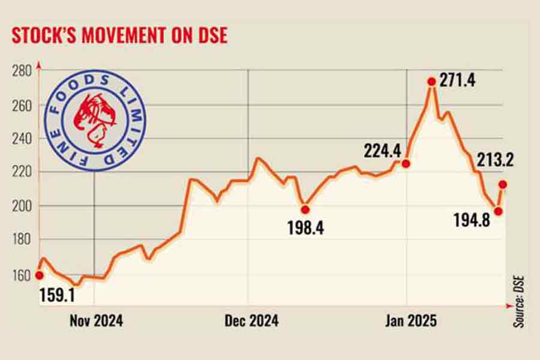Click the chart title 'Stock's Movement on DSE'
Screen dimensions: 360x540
tap(119, 35)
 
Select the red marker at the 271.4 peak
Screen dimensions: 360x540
tap(431, 82)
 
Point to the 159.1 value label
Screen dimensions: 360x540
tap(57, 295)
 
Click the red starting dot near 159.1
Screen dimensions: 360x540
tap(40, 275)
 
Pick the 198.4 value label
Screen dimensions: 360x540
tap(305, 228)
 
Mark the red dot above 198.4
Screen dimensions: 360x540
tap(305, 209)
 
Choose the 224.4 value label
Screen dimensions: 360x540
tap(382, 149)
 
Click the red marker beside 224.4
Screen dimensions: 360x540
tap(406, 163)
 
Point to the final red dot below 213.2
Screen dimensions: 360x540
tap(503, 184)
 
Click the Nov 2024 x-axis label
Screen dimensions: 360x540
tap(96, 321)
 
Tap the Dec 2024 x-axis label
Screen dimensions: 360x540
tap(252, 321)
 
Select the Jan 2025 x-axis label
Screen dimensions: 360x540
tap(411, 321)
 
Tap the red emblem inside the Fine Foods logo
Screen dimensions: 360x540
tap(95, 118)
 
